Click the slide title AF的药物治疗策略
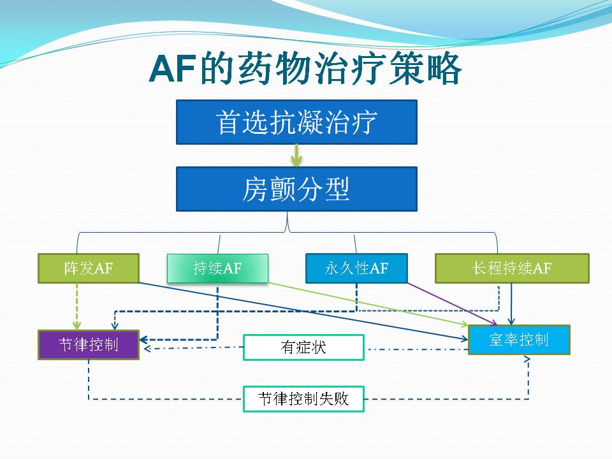point(305,69)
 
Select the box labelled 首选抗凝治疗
point(296,122)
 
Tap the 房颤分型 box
point(296,189)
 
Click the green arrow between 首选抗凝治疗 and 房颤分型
point(296,156)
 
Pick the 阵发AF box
point(89,268)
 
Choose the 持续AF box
point(217,268)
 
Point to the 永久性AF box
point(356,268)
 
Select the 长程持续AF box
point(512,268)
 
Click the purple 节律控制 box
point(89,345)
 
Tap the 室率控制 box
point(519,340)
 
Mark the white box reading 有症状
point(303,347)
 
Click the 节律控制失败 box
point(303,399)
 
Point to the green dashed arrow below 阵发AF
point(77,307)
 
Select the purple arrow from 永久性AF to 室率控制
point(452,304)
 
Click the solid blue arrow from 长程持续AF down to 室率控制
point(511,304)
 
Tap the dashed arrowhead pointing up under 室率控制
point(527,359)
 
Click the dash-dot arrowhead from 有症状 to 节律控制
point(147,348)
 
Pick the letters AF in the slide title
point(172,69)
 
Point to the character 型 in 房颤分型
point(338,189)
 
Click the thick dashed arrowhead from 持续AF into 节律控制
point(143,340)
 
